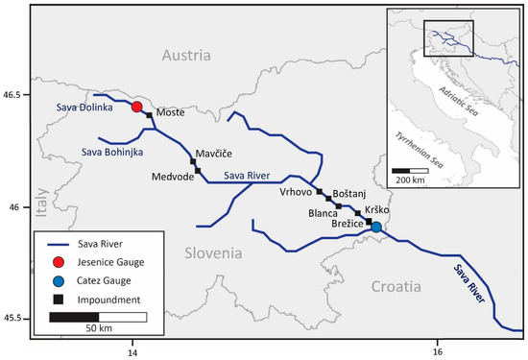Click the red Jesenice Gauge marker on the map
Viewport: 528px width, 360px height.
(x=137, y=108)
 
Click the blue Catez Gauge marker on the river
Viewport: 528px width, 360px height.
(x=376, y=228)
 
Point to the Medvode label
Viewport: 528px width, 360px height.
(x=172, y=178)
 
